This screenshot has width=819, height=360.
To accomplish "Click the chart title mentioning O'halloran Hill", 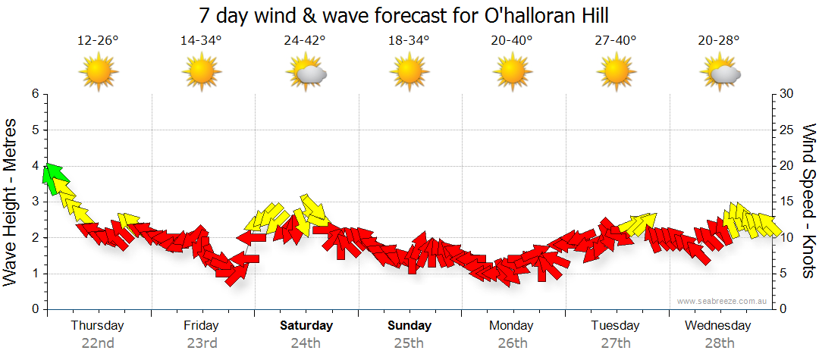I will [x=403, y=15].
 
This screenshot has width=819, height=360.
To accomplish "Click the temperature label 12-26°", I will [x=98, y=41].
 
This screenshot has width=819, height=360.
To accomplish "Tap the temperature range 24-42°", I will [x=306, y=41].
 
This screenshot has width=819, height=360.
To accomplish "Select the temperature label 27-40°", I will [x=616, y=41].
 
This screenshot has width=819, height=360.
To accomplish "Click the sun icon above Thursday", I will [x=99, y=73].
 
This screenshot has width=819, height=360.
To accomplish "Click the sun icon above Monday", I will [x=513, y=73].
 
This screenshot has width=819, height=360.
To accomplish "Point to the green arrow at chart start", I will [x=54, y=177].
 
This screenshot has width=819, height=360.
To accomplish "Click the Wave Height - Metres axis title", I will [x=11, y=201].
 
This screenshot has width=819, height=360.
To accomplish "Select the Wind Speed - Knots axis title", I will [x=808, y=201].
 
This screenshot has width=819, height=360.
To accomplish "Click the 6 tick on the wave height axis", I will [x=34, y=94].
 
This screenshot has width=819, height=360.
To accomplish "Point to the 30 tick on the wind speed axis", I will [x=787, y=94].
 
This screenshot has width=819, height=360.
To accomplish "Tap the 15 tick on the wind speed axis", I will [x=787, y=202].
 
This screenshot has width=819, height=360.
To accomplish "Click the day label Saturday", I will [x=306, y=326].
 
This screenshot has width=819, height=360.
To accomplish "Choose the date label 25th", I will [x=409, y=343].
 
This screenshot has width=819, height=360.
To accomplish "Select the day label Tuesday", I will [x=616, y=326].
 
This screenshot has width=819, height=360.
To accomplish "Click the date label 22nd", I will [x=98, y=343].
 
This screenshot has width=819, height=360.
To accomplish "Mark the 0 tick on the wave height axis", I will [x=34, y=309].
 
